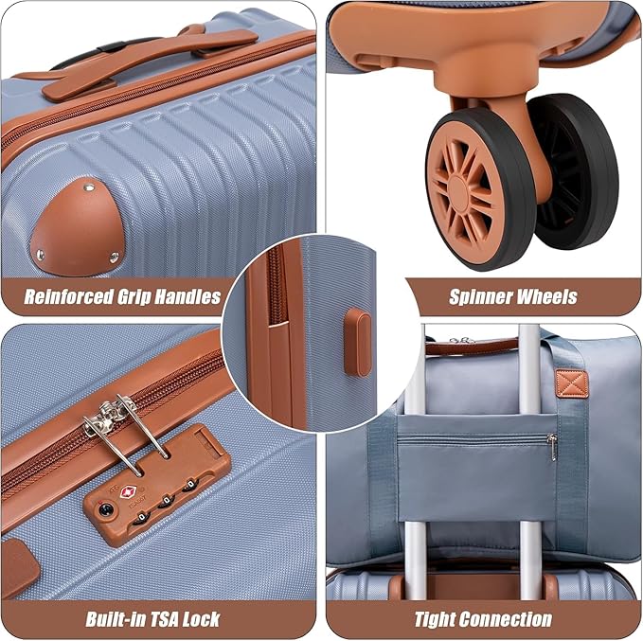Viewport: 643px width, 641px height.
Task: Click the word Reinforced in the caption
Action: pos(69,296)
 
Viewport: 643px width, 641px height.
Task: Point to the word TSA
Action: pos(162,619)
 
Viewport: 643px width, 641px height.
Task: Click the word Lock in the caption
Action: pos(202,619)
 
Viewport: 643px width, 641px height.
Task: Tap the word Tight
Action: pos(434,619)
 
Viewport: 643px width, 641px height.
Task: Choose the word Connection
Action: pos(505,619)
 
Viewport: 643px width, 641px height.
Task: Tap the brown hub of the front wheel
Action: pos(464,190)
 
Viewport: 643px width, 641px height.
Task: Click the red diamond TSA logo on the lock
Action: pos(127,492)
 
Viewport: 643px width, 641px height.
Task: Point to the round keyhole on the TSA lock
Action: pos(106,509)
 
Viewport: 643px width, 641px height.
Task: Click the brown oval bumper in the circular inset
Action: pos(357,343)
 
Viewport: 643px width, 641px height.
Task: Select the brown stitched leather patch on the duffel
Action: pos(571,383)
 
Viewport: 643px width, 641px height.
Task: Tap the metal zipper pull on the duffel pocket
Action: pos(553,447)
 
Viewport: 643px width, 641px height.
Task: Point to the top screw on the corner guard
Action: pos(89,187)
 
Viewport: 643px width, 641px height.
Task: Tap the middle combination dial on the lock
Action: pos(167,501)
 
